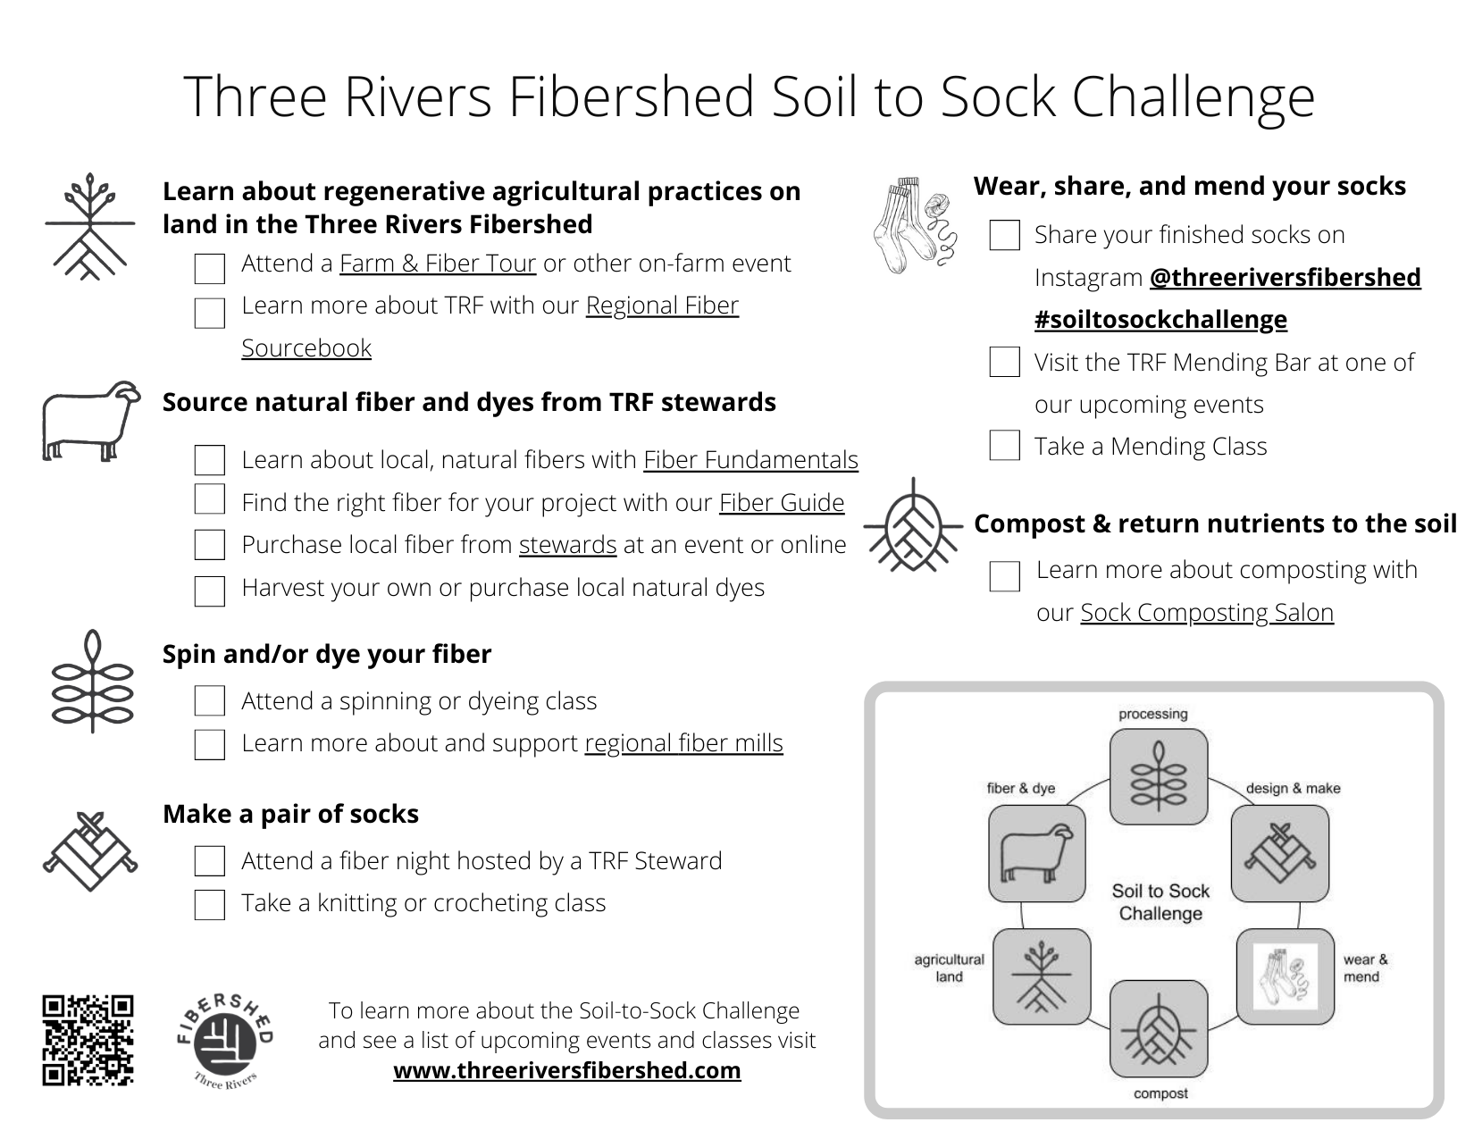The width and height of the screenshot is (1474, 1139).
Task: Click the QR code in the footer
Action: tap(88, 1041)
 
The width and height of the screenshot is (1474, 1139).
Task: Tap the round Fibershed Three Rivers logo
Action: tap(225, 1041)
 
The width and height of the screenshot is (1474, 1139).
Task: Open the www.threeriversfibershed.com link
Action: tap(566, 1070)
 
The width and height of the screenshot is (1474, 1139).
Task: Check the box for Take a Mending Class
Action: tap(1004, 445)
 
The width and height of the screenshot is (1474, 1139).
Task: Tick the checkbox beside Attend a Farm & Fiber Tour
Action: tap(209, 268)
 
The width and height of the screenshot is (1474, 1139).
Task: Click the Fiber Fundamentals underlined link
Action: tap(750, 459)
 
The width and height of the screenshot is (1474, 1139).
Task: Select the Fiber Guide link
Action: tap(781, 502)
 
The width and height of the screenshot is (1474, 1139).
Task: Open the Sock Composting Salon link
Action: tap(1206, 612)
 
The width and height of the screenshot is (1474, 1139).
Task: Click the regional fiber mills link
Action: tap(683, 743)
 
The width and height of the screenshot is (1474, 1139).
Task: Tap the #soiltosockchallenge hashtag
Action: tap(1160, 319)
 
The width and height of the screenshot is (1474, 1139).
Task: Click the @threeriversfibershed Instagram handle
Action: tap(1285, 277)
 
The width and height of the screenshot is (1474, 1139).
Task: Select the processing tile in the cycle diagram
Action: tap(1158, 776)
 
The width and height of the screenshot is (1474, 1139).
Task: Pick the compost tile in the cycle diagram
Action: tap(1158, 1029)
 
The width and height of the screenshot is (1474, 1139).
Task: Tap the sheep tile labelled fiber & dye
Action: tap(1037, 853)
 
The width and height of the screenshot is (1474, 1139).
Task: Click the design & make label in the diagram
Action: tap(1293, 788)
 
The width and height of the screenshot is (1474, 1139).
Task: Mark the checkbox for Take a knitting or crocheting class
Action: tap(209, 904)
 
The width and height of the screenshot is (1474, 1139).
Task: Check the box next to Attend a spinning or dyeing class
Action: tap(209, 701)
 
